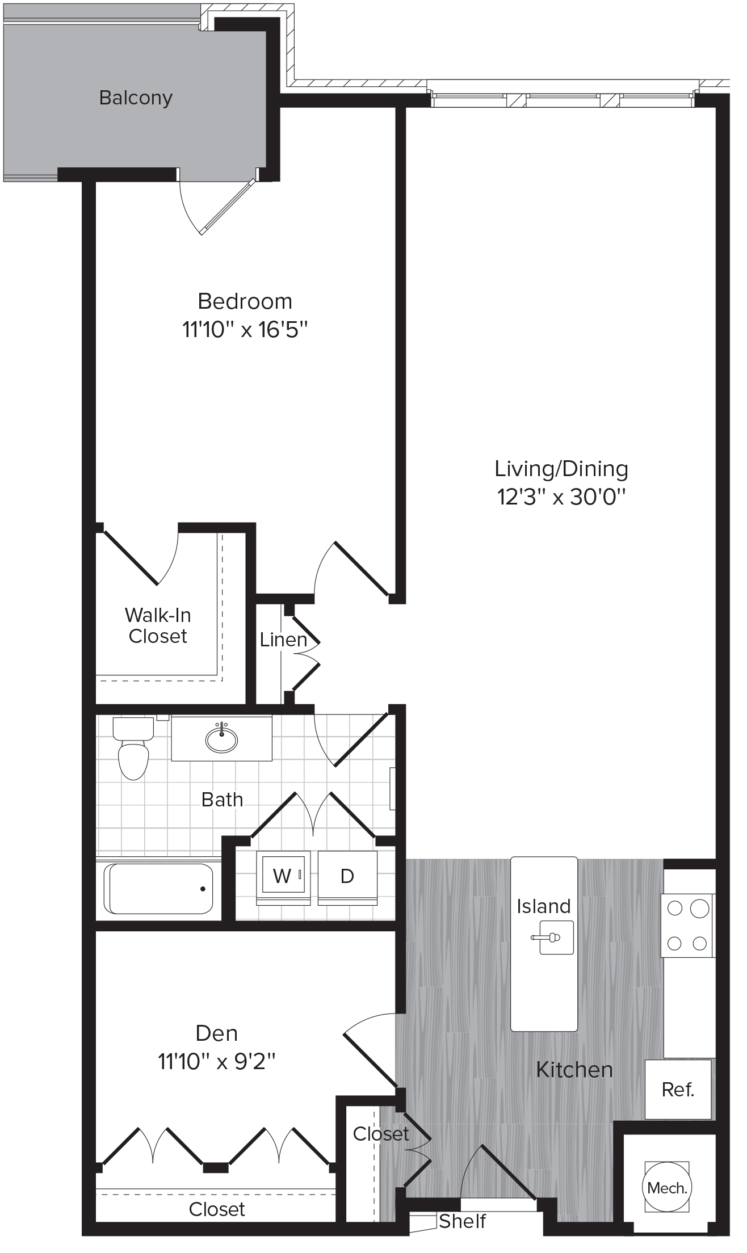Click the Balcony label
tap(136, 98)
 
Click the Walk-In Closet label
tap(158, 625)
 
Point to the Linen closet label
tap(283, 640)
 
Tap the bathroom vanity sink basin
tap(221, 739)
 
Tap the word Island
tap(543, 906)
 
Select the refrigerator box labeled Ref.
tap(678, 1089)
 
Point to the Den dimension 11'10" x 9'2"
tap(217, 1061)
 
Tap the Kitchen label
tap(574, 1070)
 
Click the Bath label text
tap(222, 800)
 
